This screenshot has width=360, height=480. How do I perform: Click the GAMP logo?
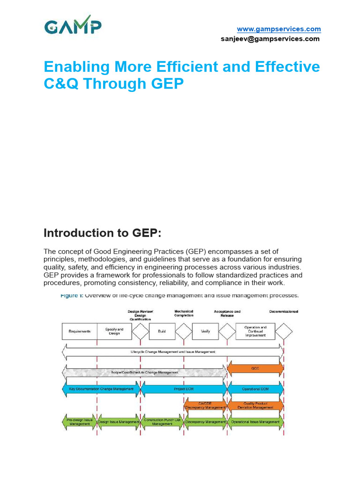[73, 27]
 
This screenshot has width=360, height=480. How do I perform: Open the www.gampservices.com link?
[278, 29]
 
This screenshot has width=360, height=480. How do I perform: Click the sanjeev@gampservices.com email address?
[270, 39]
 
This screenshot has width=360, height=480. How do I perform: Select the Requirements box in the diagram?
[79, 331]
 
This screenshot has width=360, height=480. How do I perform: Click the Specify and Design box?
[114, 331]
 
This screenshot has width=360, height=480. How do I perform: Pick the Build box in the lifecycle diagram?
[162, 331]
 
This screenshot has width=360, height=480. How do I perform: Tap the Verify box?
[205, 331]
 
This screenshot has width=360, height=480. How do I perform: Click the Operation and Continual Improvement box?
[255, 331]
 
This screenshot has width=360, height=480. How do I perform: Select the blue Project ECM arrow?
[184, 389]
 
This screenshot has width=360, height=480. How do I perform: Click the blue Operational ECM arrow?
[255, 389]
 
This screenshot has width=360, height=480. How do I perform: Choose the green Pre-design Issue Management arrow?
[79, 422]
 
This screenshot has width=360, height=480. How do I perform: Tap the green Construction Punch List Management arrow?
[162, 422]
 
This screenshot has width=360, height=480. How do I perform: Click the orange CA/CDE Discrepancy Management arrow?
[205, 405]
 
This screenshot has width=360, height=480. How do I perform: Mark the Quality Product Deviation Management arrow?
[255, 405]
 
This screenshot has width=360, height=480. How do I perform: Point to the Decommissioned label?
[284, 311]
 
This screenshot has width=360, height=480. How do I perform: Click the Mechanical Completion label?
[184, 313]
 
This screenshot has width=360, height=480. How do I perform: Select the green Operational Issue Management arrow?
[255, 422]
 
